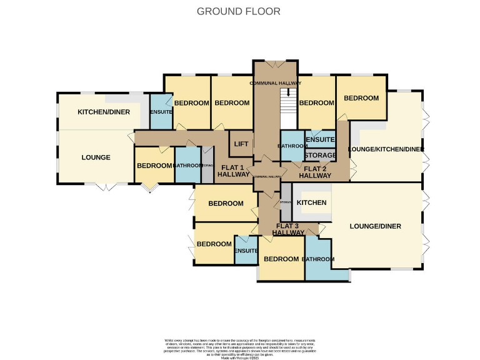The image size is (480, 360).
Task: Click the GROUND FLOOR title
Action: pyautogui.click(x=239, y=11)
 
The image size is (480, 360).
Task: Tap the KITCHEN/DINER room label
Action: pyautogui.click(x=104, y=112)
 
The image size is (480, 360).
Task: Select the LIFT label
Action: pyautogui.click(x=241, y=144)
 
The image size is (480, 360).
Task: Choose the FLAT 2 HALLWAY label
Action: pyautogui.click(x=315, y=172)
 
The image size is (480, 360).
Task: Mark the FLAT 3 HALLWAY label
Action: pyautogui.click(x=288, y=229)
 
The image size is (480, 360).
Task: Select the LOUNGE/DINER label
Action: pyautogui.click(x=375, y=226)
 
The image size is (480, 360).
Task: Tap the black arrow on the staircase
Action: pyautogui.click(x=288, y=92)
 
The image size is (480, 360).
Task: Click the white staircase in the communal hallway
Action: pyautogui.click(x=288, y=112)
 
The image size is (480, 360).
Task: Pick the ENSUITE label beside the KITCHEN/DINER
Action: pyautogui.click(x=161, y=112)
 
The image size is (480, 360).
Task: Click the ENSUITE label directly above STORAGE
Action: pyautogui.click(x=320, y=141)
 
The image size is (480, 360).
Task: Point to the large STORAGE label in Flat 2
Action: pyautogui.click(x=320, y=155)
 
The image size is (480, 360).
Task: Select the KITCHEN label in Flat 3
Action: pyautogui.click(x=311, y=203)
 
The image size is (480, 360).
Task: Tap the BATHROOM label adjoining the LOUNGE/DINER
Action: pyautogui.click(x=318, y=259)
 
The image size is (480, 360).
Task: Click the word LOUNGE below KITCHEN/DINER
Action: pyautogui.click(x=96, y=157)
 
